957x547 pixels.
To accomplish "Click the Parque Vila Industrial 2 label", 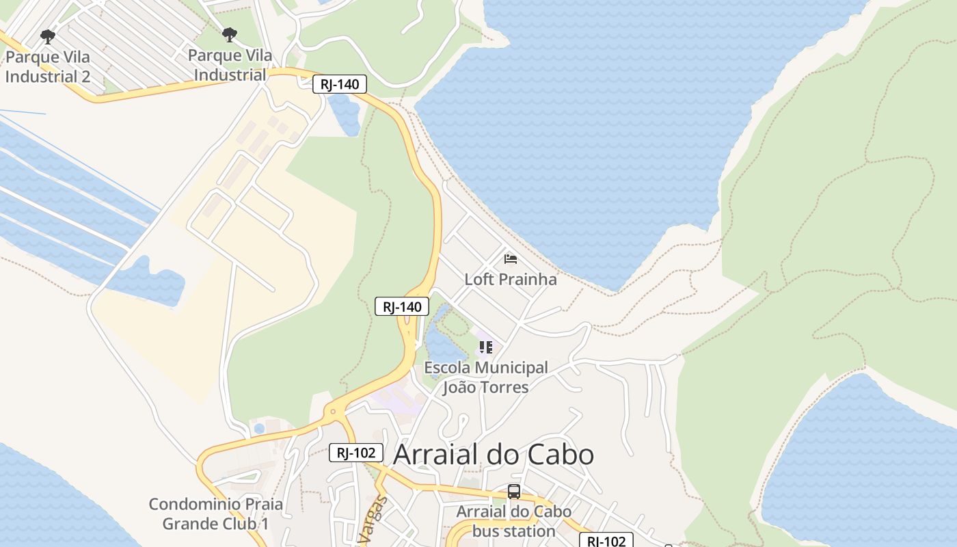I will pos(48,66).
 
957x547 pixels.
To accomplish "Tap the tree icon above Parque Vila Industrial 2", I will pos(47,36).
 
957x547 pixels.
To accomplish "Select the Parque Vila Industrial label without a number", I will pos(230,65).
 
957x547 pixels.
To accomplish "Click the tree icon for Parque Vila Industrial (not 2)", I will pos(230,34).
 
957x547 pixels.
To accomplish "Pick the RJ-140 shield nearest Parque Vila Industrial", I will pos(340,85).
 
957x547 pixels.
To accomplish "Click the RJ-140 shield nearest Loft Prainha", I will pos(402,306).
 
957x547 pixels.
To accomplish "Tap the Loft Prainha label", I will pos(511,279).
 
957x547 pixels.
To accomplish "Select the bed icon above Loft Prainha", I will pos(510,258).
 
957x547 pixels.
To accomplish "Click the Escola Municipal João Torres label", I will pos(486,377).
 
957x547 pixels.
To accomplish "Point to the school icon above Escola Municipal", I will pos(486,347).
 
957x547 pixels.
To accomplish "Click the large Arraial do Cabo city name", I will pos(494,455).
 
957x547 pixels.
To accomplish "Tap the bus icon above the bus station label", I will pos(514,491).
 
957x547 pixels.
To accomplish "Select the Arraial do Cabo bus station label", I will pos(514,521).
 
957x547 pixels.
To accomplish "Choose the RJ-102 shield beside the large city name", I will pos(355,453).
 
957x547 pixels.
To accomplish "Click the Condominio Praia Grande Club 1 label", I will pos(215,514).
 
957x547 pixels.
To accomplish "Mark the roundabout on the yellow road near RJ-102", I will pos(333,411).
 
